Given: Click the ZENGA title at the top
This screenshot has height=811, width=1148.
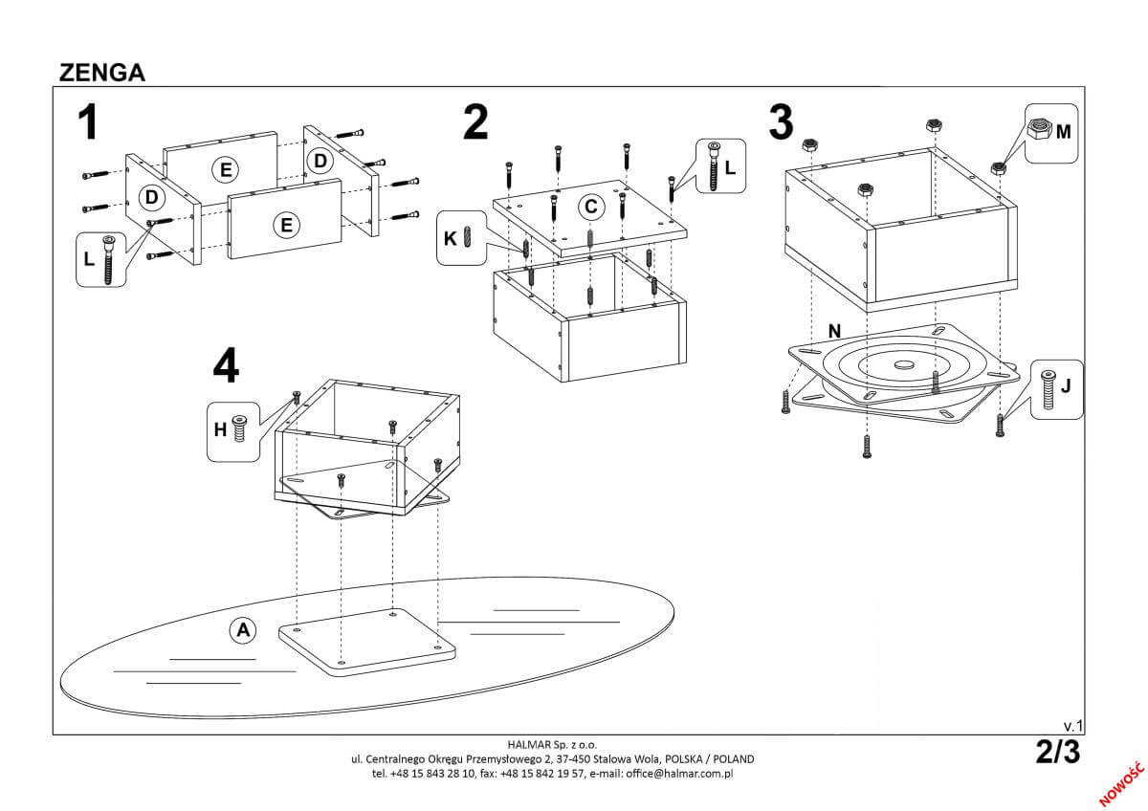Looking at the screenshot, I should tap(101, 74).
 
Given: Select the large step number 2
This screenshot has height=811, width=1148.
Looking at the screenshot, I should tap(475, 122).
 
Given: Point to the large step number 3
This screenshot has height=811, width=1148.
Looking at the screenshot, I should tap(781, 122).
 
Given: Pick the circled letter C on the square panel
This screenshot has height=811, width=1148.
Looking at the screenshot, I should tap(591, 206).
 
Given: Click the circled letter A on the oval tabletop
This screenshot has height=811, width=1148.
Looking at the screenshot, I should tap(243, 629).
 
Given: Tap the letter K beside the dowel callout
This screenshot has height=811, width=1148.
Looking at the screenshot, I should tap(449, 236).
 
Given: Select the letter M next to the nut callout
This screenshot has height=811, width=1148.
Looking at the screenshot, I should tap(1063, 131).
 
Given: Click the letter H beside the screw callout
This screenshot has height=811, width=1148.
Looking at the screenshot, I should tap(220, 429).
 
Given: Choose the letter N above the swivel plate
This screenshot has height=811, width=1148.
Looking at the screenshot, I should tap(834, 331).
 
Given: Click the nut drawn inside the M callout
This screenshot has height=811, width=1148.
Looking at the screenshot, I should tap(1039, 128).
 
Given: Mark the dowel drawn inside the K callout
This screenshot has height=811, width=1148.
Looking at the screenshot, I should tap(468, 236).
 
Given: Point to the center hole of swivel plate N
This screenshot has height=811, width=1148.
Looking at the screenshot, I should tap(903, 364).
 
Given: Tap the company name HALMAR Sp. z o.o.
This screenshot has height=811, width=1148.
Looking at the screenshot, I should tap(553, 743).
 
